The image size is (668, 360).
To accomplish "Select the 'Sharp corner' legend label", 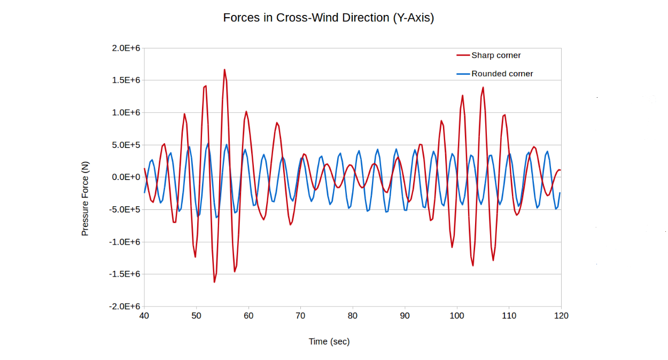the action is (496, 56).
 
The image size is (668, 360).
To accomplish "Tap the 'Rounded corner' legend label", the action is (502, 74).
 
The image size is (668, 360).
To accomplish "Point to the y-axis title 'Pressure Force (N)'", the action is (85, 199).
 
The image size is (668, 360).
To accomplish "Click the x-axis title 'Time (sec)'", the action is (329, 341).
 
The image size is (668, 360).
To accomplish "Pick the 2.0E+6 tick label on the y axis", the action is (126, 48).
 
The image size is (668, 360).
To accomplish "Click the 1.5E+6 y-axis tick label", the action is (126, 80).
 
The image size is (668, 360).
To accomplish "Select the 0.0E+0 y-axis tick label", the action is (126, 177).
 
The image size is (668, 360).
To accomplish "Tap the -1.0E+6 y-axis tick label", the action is (125, 241).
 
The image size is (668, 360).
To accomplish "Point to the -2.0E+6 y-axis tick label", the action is (125, 307).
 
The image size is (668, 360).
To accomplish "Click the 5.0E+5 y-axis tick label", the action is (126, 145).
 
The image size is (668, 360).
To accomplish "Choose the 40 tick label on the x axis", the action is (144, 316).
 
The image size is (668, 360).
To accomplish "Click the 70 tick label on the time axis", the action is (300, 316).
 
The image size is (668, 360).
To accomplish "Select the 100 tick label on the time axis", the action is (457, 316).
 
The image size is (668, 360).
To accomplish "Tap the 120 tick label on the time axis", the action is (561, 316).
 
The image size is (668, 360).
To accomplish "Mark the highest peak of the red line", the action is (224, 69).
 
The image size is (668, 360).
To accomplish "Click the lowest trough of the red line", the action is (214, 282).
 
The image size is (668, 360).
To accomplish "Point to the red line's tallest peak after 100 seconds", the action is (483, 87).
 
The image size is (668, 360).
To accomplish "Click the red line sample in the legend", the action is (463, 56).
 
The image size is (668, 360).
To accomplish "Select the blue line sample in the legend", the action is (463, 74).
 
